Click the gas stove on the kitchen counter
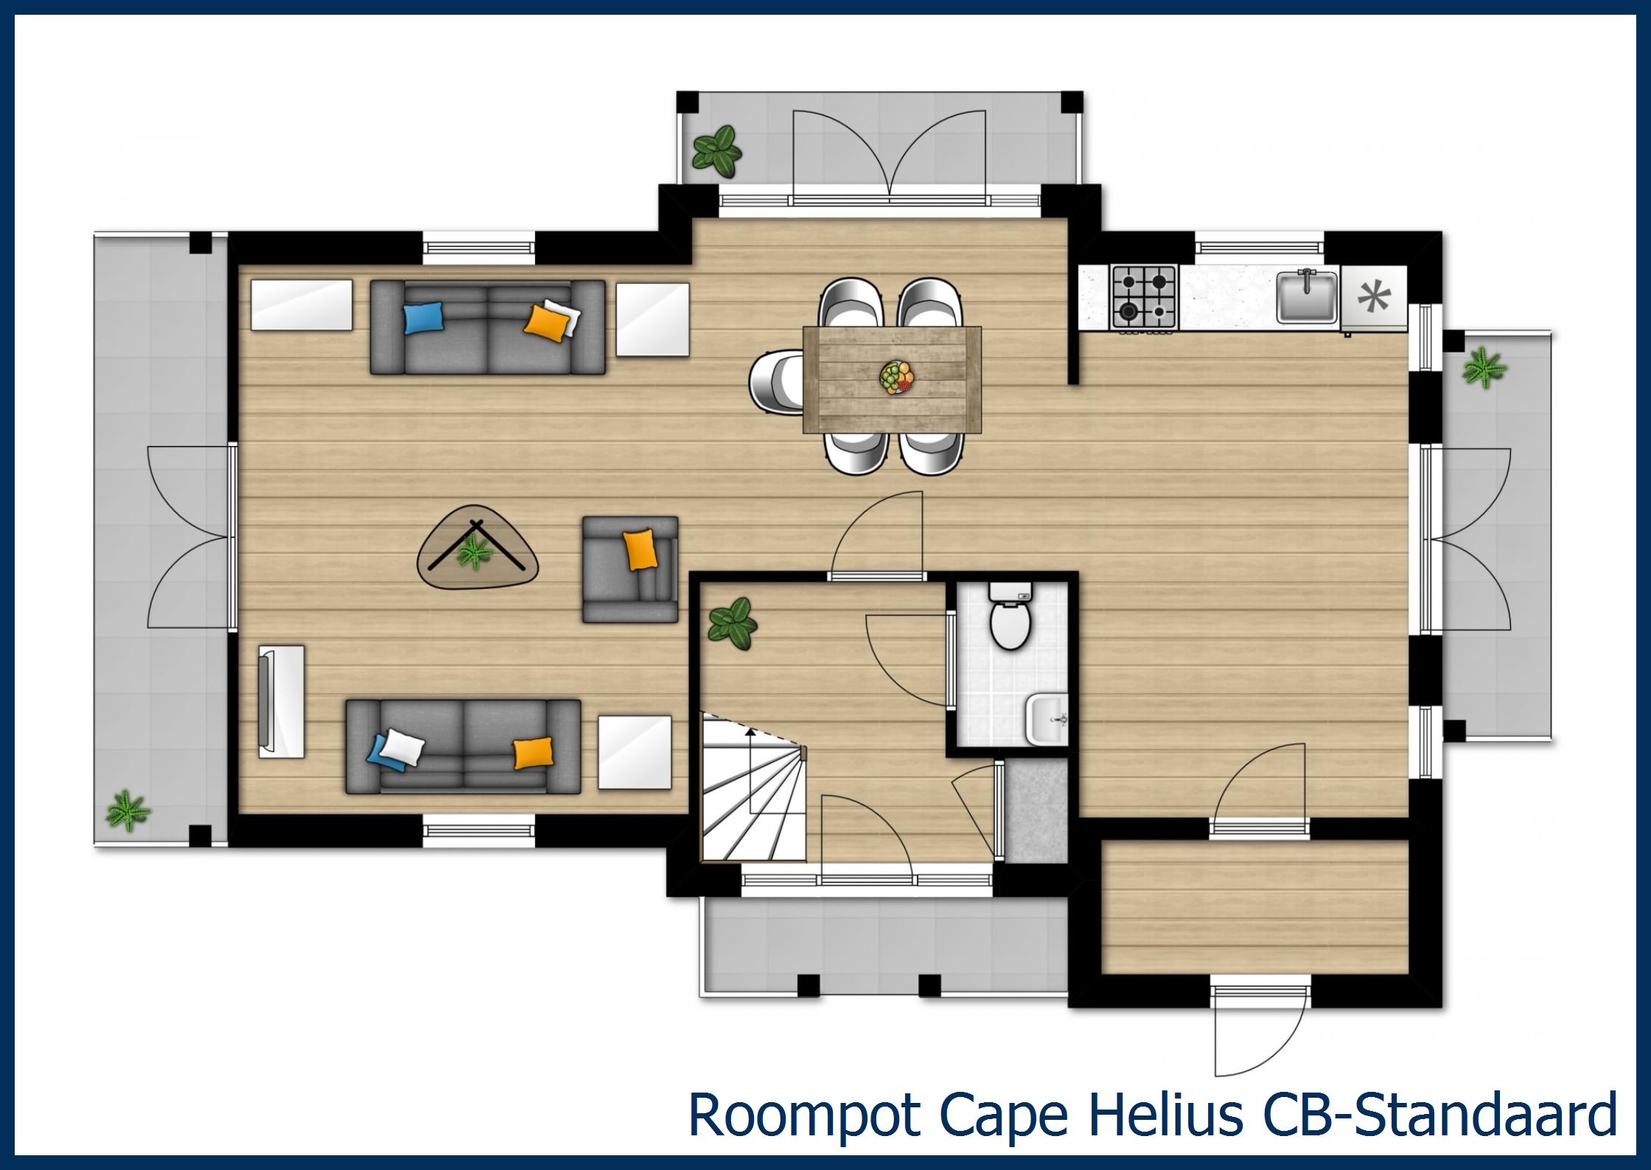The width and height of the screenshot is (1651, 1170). click(1143, 297)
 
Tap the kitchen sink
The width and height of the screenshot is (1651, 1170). click(1307, 297)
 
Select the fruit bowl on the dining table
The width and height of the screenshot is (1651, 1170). click(896, 377)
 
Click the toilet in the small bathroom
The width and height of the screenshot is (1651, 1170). click(1009, 624)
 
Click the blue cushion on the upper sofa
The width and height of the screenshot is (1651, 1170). click(424, 319)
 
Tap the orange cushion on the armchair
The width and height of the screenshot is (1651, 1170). click(640, 549)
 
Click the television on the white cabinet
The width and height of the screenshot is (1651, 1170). click(265, 701)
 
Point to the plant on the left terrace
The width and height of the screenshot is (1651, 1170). click(128, 811)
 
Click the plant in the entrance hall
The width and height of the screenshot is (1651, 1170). click(732, 624)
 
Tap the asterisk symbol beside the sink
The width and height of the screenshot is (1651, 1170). click(1373, 297)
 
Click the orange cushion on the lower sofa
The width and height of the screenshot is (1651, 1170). click(532, 752)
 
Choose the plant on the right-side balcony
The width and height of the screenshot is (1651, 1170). click(1484, 368)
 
